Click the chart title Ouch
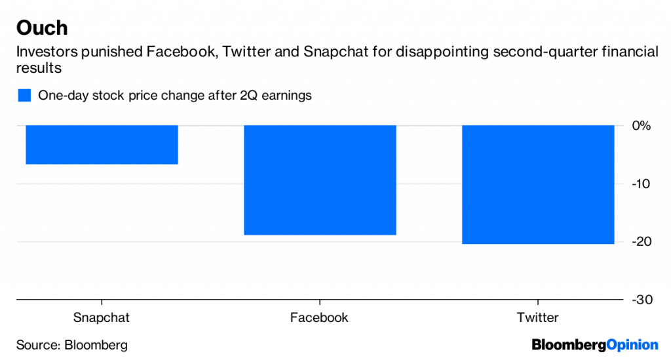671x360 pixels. (x=42, y=28)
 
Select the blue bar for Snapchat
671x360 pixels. (x=102, y=144)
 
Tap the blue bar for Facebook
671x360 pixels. (x=320, y=180)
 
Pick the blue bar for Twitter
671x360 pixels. (x=538, y=184)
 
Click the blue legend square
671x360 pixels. (x=24, y=96)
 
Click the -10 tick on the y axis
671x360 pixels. (x=639, y=184)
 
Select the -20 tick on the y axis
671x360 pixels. (x=639, y=242)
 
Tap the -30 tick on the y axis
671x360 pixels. (x=639, y=300)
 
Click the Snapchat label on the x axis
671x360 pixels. (x=102, y=318)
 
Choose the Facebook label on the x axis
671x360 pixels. (x=320, y=318)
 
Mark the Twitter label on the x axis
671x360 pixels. (x=538, y=318)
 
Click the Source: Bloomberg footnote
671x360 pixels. (x=72, y=345)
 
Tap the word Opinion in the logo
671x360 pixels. (x=632, y=345)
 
